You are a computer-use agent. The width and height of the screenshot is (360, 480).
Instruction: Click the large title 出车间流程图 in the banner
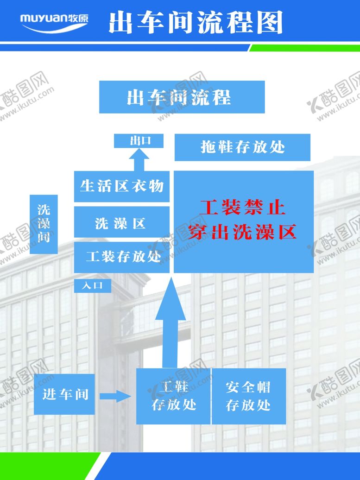196,23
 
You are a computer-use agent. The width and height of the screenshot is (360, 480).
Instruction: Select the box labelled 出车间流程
182,97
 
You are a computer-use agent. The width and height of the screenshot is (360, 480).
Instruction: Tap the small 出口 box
139,141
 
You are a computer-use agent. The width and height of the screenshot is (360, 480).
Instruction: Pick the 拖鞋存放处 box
242,147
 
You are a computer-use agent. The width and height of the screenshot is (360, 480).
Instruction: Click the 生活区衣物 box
122,186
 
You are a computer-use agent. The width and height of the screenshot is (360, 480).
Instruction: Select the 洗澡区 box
121,224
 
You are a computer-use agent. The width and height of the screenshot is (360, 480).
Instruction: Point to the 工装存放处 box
122,256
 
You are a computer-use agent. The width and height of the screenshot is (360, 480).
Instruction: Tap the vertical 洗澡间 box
44,224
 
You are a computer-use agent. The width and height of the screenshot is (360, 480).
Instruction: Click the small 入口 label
93,286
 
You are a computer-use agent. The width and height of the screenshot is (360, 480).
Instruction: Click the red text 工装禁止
243,207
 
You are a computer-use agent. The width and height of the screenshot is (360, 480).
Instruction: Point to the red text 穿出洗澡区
243,232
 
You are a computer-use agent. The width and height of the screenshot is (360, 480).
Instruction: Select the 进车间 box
64,395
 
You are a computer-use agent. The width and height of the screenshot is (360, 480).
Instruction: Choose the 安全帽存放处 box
249,396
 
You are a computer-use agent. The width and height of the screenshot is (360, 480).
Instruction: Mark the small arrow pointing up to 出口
139,161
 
